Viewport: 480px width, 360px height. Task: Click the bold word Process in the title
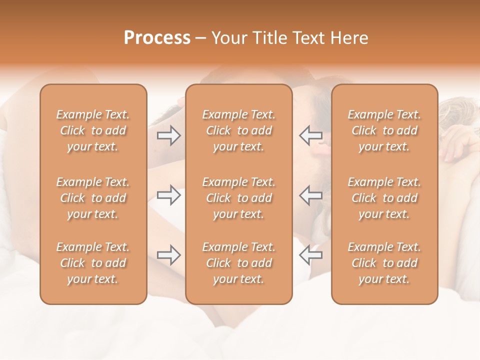click(157, 38)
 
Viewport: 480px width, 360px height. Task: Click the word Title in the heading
click(268, 38)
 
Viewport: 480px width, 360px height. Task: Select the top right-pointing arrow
click(168, 135)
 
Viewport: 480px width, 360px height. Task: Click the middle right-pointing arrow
click(168, 195)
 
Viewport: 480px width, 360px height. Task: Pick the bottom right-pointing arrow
click(168, 255)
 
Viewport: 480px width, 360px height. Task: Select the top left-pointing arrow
click(310, 135)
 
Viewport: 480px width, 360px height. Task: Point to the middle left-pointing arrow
click(310, 195)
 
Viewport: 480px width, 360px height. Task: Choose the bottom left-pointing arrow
click(310, 255)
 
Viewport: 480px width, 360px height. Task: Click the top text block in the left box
click(93, 130)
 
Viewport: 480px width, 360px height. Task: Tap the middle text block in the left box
click(93, 198)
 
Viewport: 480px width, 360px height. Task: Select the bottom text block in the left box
click(93, 263)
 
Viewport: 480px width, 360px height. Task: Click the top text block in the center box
click(238, 130)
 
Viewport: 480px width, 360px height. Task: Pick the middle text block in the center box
click(238, 198)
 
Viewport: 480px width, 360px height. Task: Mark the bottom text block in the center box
click(238, 263)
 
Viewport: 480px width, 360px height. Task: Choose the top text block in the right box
click(384, 130)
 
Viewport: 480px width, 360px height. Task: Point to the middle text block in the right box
click(384, 198)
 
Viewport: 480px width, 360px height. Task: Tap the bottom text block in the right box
click(384, 263)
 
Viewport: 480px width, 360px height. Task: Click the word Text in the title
click(307, 38)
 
